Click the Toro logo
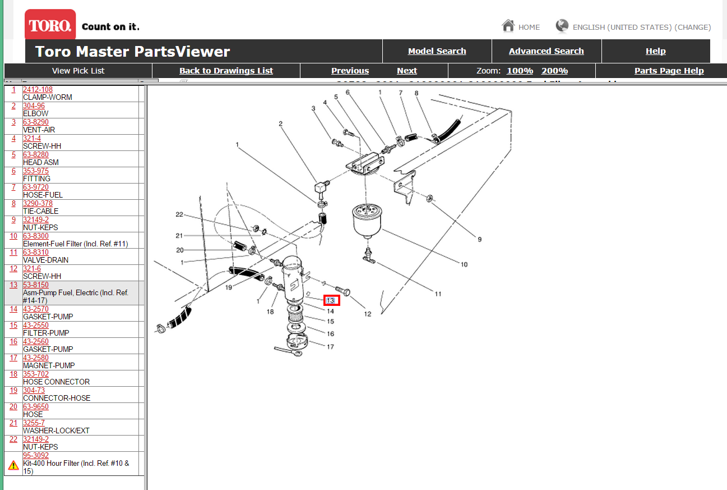coord(50,25)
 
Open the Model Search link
coord(437,51)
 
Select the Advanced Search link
coord(546,51)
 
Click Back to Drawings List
coord(226,71)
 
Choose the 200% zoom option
coord(554,71)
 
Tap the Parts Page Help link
coord(669,71)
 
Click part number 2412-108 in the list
coord(38,90)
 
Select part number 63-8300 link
coord(35,236)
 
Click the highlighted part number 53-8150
coord(35,285)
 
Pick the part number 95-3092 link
coord(35,456)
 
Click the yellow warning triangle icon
coord(13,465)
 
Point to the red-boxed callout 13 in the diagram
coord(331,301)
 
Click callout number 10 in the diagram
coord(464,264)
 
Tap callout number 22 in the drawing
coord(179,214)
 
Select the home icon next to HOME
coord(508,26)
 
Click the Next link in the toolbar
coord(406,71)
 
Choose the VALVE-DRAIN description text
coord(45,260)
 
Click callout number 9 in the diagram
coord(479,239)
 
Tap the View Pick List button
coord(78,71)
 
